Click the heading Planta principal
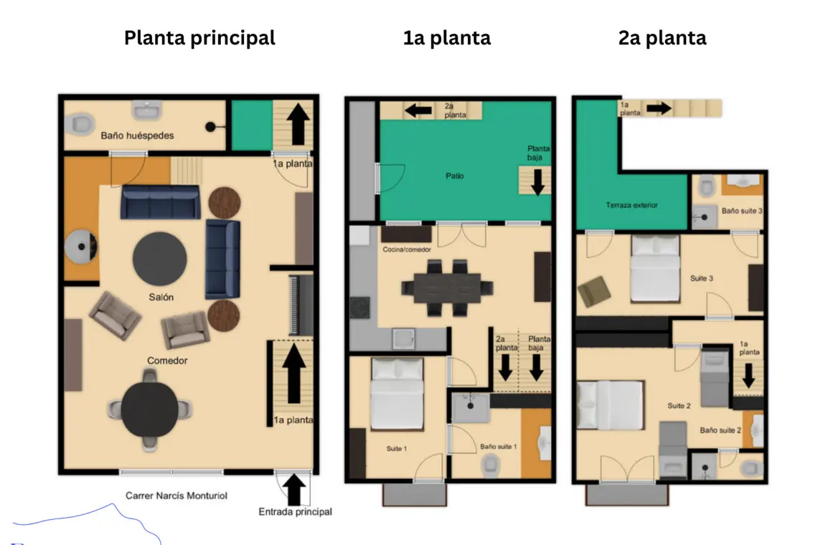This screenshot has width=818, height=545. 199,37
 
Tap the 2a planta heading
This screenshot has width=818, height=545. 662,37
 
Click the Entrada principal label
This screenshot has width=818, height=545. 295,512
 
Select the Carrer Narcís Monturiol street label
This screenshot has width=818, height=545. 177,495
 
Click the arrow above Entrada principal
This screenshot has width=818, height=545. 293,489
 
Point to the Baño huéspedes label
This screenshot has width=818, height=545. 137,135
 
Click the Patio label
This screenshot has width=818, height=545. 455,176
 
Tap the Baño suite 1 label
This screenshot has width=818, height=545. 498,446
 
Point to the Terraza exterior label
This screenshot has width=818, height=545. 631,205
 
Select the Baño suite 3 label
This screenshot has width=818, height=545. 742,212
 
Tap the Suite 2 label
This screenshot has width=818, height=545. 679,406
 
